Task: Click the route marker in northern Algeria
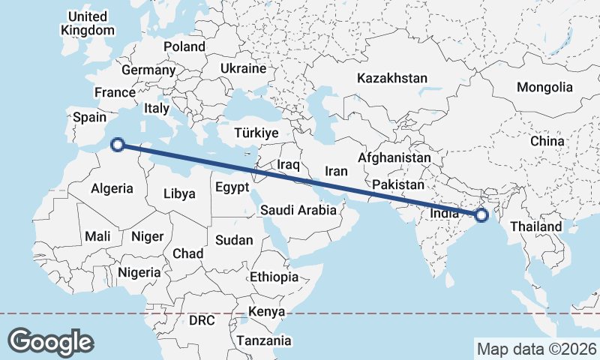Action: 117,145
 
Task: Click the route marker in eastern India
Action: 481,216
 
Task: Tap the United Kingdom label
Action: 87,23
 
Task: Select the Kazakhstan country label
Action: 392,78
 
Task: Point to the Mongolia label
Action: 544,87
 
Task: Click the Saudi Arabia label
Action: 298,210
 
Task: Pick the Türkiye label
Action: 256,133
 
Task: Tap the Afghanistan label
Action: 394,158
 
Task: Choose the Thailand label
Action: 535,226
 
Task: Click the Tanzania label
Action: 264,340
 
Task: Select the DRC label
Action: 202,320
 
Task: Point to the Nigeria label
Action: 139,272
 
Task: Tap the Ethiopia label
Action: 274,277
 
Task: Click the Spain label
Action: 89,117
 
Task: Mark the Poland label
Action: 184,46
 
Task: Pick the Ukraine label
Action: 243,68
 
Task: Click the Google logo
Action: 50,341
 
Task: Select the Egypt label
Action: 232,187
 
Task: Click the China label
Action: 547,141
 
